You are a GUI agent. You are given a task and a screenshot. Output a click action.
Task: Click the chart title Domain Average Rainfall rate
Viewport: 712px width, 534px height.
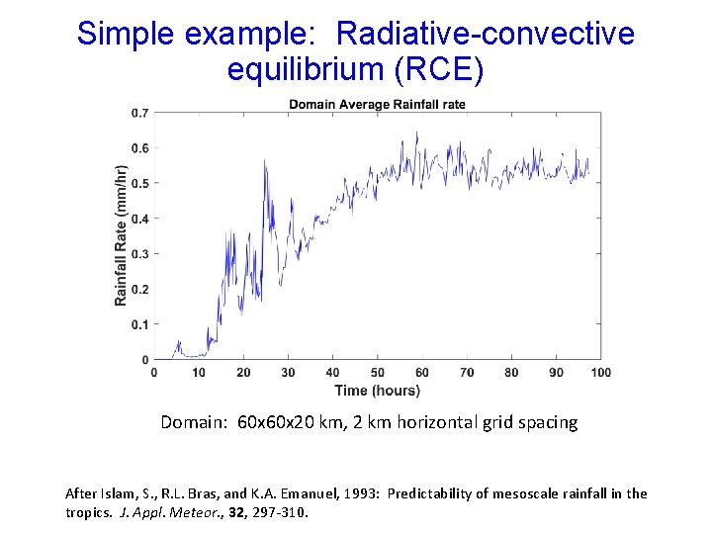point(377,105)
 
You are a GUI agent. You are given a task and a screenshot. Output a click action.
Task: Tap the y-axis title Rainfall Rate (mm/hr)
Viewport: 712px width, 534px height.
point(121,234)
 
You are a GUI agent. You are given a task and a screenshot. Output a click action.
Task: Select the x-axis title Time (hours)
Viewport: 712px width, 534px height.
point(377,390)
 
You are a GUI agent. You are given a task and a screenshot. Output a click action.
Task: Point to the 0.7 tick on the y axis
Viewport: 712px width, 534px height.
point(140,113)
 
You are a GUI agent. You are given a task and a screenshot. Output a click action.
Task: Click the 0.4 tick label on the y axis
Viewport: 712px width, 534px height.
point(140,219)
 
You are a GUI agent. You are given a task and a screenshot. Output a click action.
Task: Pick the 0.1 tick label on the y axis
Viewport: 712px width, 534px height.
point(140,324)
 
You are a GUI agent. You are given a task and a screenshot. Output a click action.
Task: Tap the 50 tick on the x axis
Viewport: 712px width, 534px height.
point(378,373)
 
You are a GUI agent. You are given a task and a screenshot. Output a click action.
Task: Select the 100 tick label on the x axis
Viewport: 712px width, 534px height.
point(600,373)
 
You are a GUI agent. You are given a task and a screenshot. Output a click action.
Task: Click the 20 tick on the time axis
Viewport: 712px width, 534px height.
point(243,373)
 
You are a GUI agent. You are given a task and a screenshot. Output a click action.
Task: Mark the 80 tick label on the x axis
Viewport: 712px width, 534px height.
point(511,373)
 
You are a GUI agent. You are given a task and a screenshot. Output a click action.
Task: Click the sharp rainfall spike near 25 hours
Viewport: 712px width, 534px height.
point(265,162)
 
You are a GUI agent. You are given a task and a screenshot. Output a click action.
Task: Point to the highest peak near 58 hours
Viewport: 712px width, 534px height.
point(416,133)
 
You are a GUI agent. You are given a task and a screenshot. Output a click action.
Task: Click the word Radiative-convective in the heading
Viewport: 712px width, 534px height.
point(485,34)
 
